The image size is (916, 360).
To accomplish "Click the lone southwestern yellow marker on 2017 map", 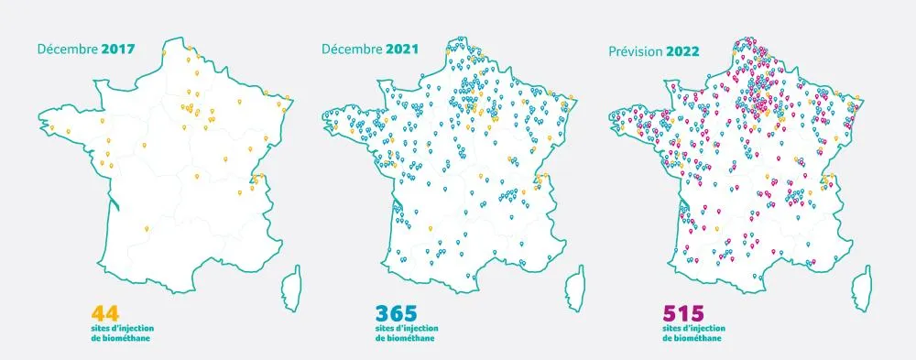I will point(146,226).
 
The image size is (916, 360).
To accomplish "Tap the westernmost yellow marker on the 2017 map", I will point(52,127).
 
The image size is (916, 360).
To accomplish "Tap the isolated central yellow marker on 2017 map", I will point(145,147).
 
